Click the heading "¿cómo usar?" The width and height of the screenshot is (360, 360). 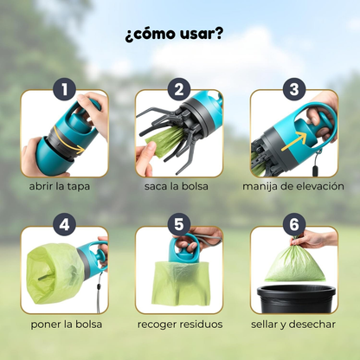(x=178, y=35)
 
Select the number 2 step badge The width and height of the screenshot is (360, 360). (x=178, y=89)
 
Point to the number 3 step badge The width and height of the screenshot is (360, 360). (x=294, y=89)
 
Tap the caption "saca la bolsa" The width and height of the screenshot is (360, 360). (x=178, y=186)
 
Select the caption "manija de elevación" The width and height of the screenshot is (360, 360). (x=294, y=186)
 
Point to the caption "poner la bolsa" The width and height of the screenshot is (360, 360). (x=63, y=325)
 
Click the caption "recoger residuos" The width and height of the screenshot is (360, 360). (x=178, y=325)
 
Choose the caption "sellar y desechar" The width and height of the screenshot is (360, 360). (x=294, y=325)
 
